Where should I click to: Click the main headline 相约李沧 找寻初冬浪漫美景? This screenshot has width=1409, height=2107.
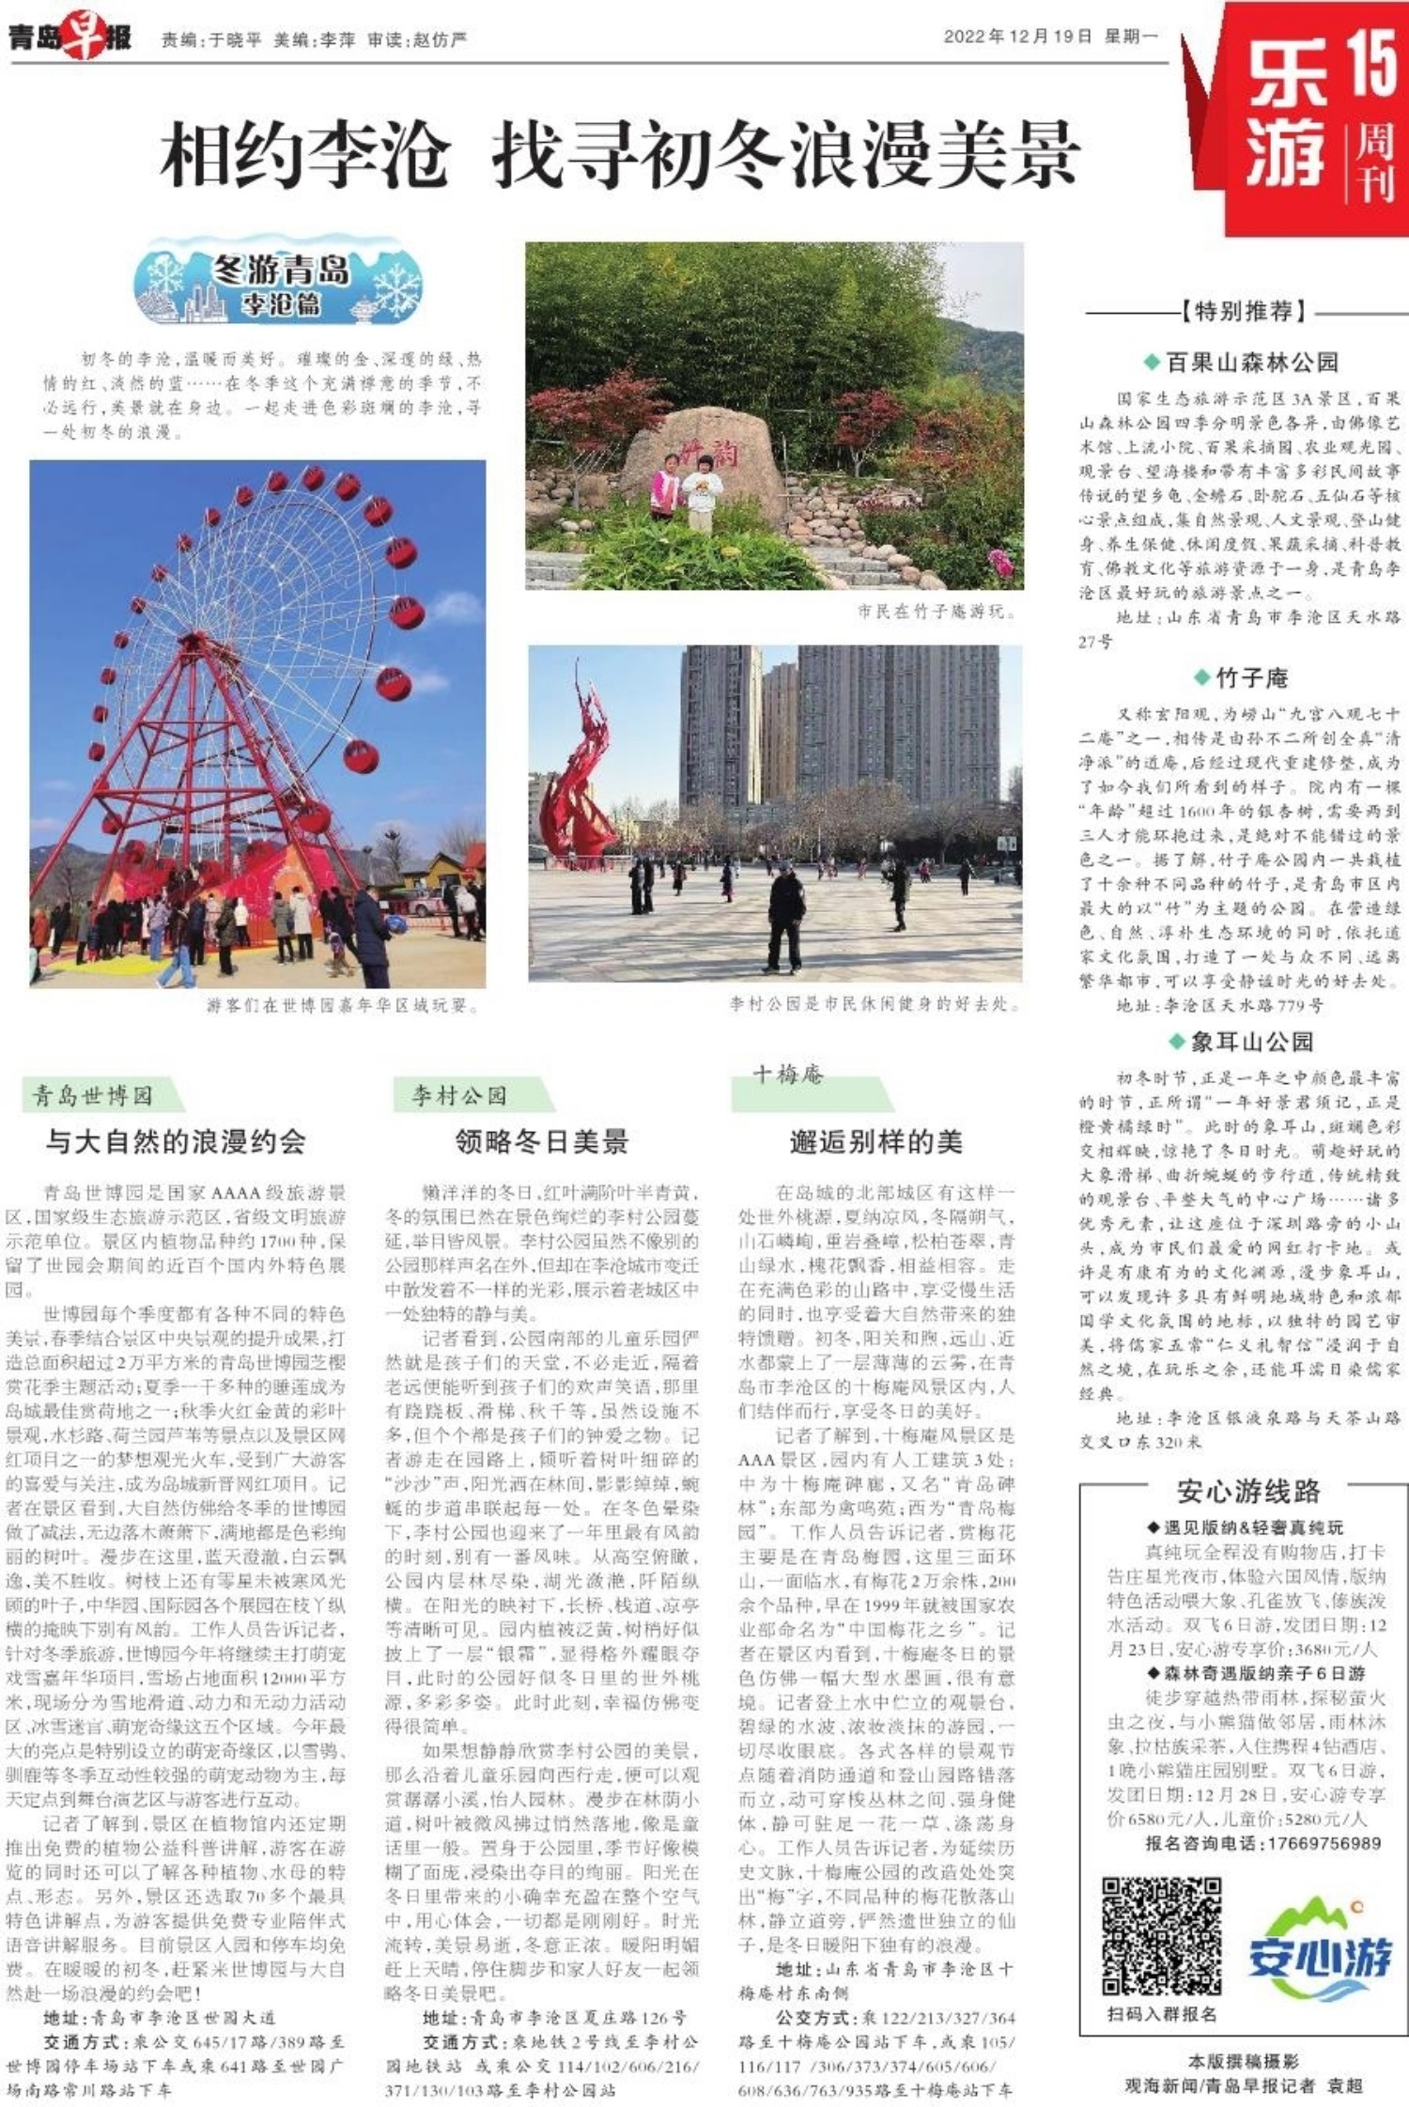tap(620, 155)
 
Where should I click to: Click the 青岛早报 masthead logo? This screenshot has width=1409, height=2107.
tap(70, 38)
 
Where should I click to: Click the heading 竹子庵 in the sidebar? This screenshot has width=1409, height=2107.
tap(1251, 677)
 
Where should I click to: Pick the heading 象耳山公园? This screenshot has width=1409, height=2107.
tap(1251, 1041)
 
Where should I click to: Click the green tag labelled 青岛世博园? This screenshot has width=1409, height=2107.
tap(94, 1095)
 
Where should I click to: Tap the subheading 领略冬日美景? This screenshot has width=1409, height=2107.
tap(542, 1141)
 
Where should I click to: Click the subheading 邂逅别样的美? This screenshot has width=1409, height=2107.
tap(875, 1141)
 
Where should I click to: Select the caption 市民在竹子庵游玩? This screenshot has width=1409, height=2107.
tap(936, 612)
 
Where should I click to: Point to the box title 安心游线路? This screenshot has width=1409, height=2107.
tap(1247, 1491)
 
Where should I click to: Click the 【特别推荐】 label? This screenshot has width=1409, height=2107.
tap(1246, 311)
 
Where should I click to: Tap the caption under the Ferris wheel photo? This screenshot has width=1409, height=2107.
tap(343, 1005)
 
